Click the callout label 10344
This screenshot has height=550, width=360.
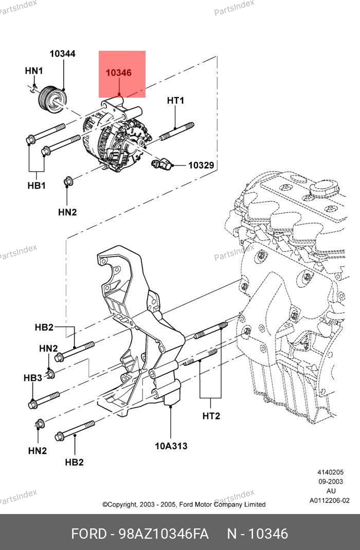tap(62, 53)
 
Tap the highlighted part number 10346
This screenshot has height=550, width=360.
tap(119, 72)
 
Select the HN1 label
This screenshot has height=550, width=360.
tap(33, 71)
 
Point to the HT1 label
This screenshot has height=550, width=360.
tap(175, 101)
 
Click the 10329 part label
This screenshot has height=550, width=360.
tap(201, 165)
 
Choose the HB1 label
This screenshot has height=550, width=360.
tap(37, 185)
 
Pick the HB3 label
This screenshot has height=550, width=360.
tap(32, 378)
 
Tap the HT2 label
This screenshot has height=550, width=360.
tap(211, 416)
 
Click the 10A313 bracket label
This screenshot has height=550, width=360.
tap(171, 446)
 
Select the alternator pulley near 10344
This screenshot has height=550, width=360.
tap(52, 98)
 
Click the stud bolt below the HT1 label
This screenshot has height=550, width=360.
tap(176, 131)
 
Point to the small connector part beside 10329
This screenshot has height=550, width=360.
tap(161, 163)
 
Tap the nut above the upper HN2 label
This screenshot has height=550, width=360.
tap(68, 181)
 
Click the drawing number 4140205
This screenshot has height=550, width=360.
tap(331, 472)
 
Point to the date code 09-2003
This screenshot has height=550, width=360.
tap(331, 482)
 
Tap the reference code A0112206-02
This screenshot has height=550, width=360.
tap(330, 501)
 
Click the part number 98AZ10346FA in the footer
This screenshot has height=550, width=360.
tap(164, 534)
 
